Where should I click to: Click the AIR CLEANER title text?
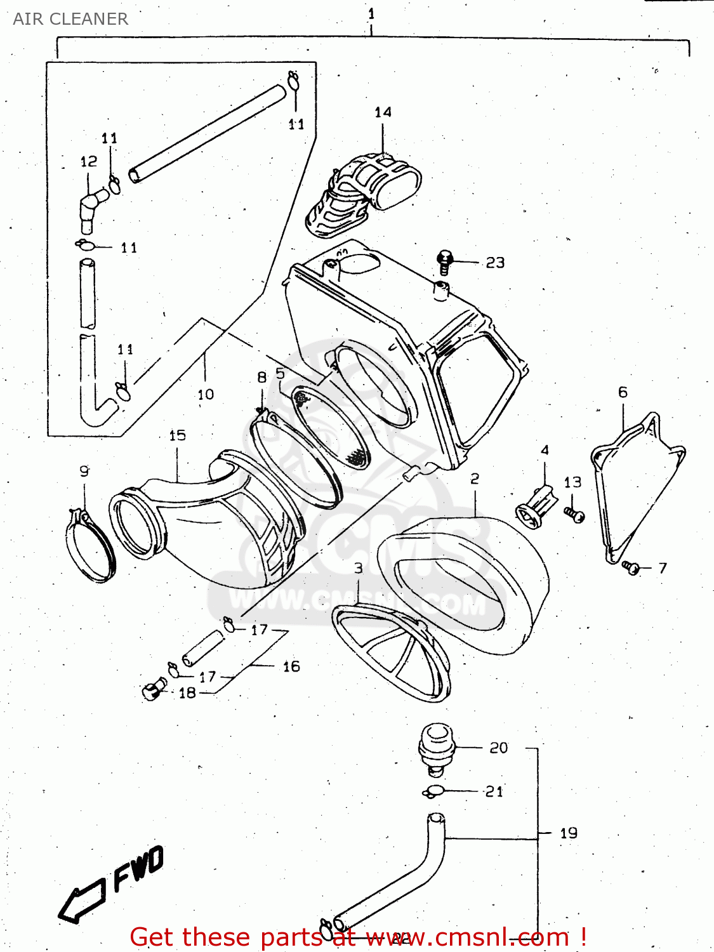(x=70, y=19)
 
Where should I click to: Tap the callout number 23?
(x=495, y=263)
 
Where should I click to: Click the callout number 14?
(x=383, y=112)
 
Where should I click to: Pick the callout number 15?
(x=177, y=435)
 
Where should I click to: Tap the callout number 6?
(x=623, y=392)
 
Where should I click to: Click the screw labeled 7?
(x=631, y=567)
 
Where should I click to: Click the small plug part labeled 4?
(x=536, y=506)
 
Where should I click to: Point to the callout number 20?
(x=499, y=748)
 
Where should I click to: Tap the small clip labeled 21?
(x=434, y=791)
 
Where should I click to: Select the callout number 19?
(x=569, y=833)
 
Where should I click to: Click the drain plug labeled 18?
(x=153, y=690)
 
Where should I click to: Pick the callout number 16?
(x=291, y=666)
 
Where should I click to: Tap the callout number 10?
(x=206, y=395)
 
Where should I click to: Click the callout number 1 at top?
(x=371, y=14)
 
